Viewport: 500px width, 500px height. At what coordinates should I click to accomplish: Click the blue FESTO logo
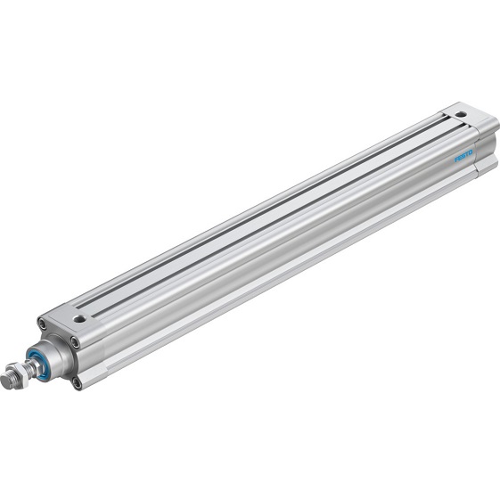pos(464,155)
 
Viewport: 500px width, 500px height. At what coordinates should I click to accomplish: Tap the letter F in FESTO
pos(457,160)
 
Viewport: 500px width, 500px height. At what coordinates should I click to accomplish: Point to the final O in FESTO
pos(472,151)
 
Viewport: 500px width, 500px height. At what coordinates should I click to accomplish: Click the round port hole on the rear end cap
pos(461,114)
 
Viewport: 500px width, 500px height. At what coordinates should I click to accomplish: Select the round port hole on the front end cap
pos(79,317)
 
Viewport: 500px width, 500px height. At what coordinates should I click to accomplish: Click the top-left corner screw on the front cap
pos(42,324)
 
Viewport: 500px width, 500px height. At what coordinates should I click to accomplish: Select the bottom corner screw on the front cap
pos(78,383)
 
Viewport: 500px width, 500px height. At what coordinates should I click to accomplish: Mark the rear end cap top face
pos(467,119)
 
